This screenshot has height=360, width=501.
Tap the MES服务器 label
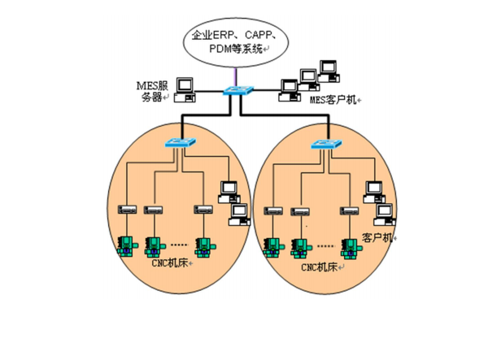151,90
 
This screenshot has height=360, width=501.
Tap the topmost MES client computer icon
329,67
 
